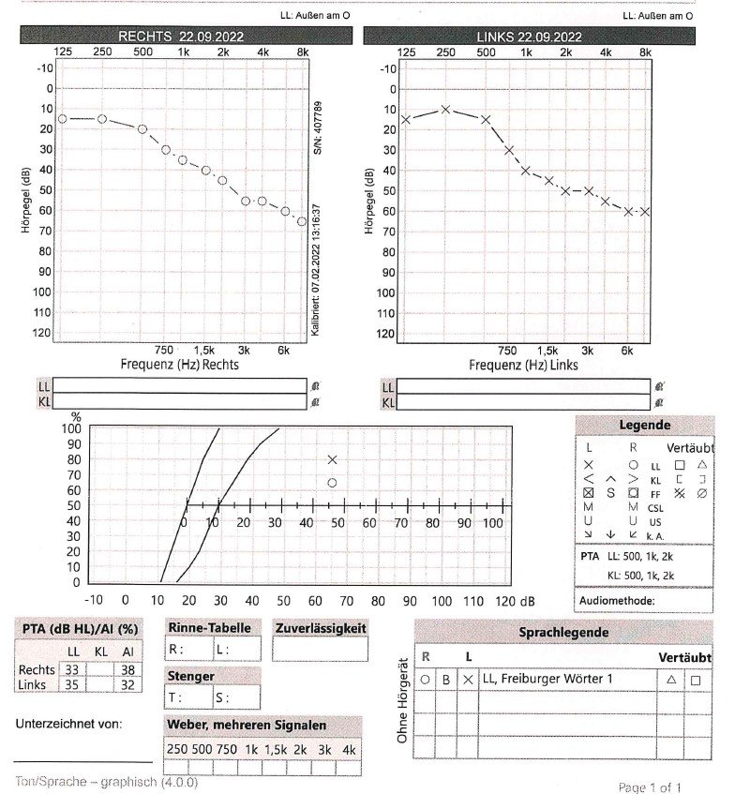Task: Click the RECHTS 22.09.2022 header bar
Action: [187, 36]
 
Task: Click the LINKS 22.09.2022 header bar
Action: [530, 37]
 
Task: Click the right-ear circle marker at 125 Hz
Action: [62, 119]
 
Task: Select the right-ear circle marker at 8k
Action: [302, 221]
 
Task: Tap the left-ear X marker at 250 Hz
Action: [445, 109]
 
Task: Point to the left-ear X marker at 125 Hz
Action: [405, 119]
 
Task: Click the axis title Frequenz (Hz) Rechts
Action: [179, 364]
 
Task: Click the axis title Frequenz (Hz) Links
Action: [523, 364]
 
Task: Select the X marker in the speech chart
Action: [332, 459]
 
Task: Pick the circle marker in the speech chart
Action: [332, 483]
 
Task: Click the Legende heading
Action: [644, 426]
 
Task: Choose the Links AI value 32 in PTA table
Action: [127, 684]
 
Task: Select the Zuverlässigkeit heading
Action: [320, 628]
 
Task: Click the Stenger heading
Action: [190, 675]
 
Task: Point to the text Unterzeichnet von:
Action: [69, 724]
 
